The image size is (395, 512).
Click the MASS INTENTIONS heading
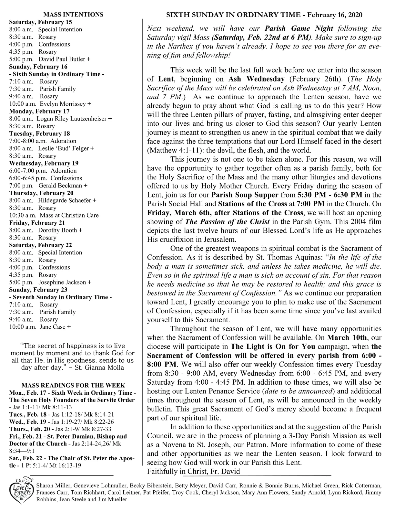point(73,15)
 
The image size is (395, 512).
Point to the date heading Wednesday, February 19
point(44,163)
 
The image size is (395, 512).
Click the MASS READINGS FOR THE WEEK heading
point(73,385)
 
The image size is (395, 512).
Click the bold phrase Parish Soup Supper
point(245,195)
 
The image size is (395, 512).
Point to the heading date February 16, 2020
point(334,15)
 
